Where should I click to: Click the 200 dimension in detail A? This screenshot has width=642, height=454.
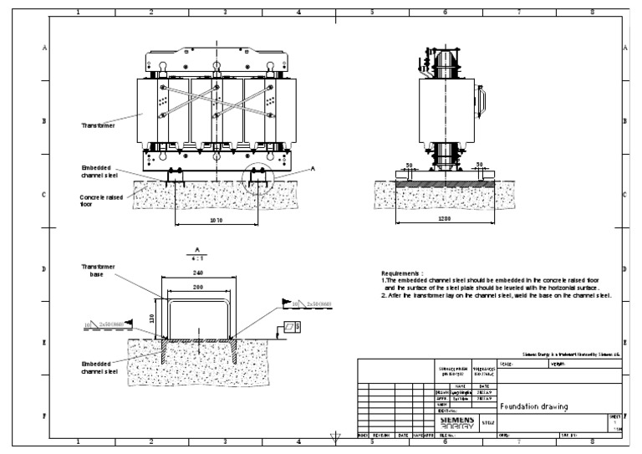pos(196,286)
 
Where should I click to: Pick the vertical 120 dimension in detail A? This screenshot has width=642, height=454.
pos(153,318)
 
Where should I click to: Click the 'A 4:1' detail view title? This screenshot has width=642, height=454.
pos(196,253)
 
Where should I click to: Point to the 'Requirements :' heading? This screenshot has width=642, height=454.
pos(402,273)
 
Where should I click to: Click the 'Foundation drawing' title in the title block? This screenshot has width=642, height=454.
pos(534,407)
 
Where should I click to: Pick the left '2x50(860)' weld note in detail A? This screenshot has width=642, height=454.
pos(110,323)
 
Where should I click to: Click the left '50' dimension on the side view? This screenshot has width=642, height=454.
pos(410,165)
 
